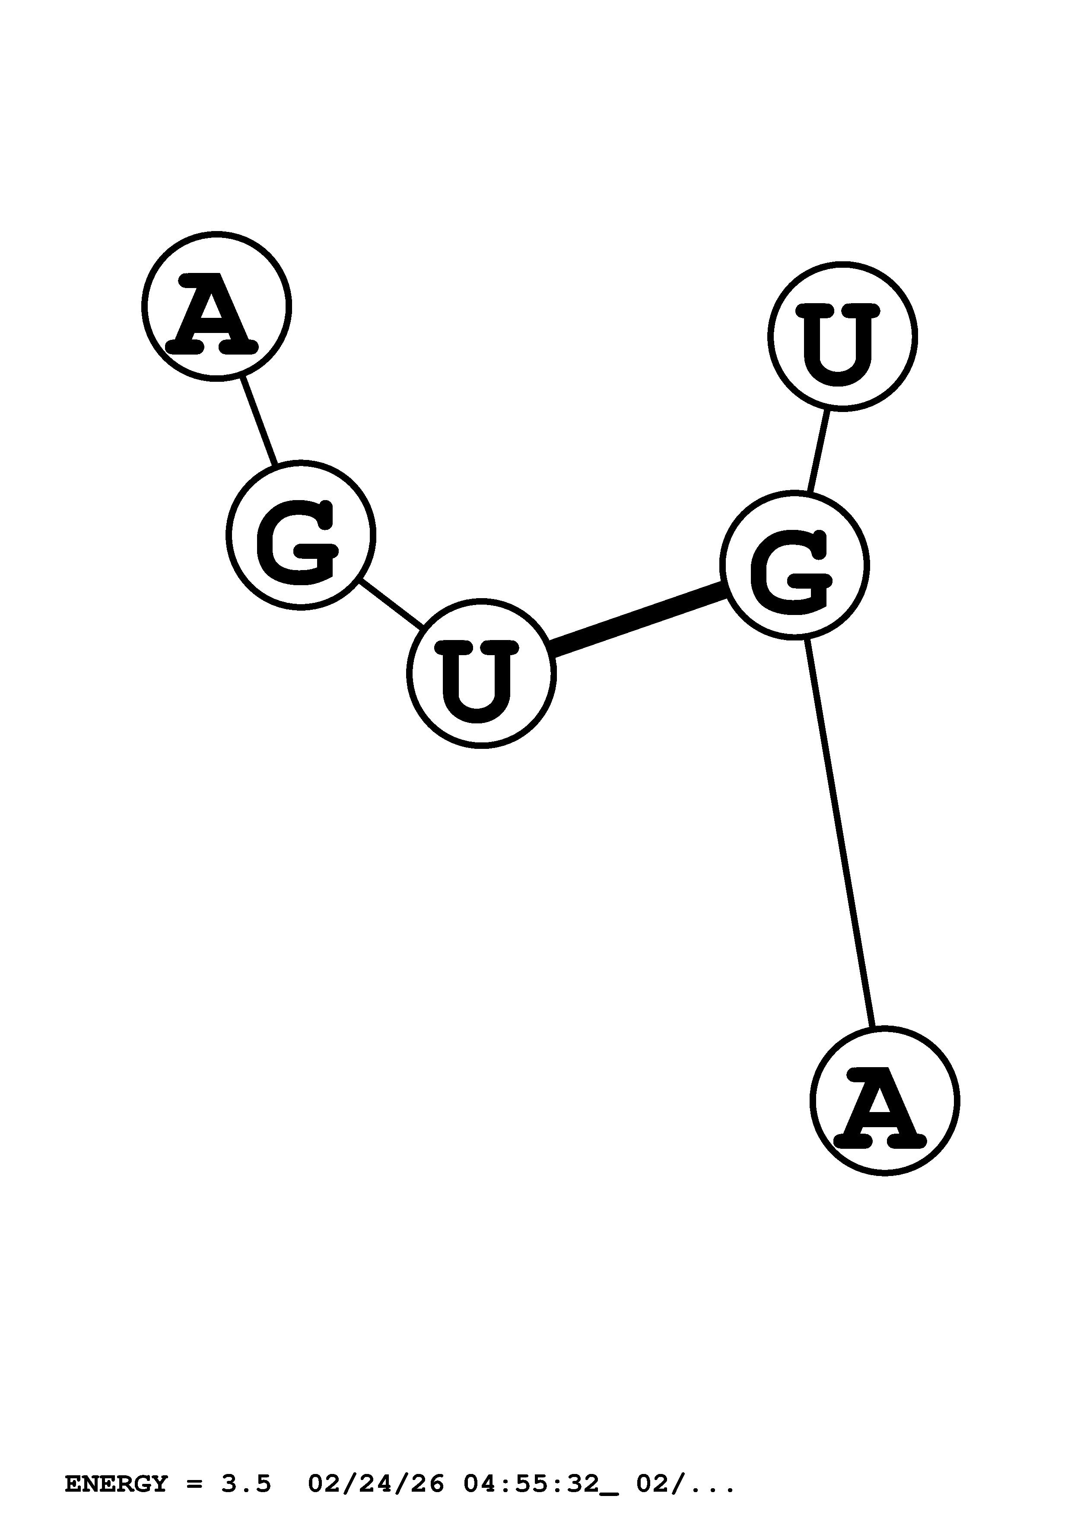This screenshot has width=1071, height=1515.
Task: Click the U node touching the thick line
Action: pyautogui.click(x=481, y=673)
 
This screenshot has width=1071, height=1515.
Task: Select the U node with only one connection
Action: pyautogui.click(x=842, y=336)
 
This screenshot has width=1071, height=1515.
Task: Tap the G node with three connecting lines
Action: pyautogui.click(x=794, y=565)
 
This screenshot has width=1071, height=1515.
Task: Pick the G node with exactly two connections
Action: pyautogui.click(x=300, y=535)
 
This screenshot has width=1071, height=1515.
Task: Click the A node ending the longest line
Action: pyautogui.click(x=884, y=1100)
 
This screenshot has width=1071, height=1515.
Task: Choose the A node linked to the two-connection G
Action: pyautogui.click(x=216, y=306)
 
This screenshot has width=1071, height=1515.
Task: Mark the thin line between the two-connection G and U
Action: pyautogui.click(x=391, y=604)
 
